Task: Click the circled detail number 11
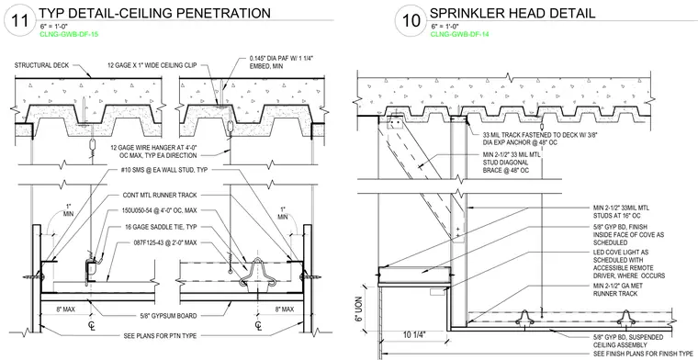pos(19,21)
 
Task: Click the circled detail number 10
pos(411,21)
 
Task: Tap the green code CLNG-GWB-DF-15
pos(69,34)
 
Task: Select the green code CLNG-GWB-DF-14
pos(459,34)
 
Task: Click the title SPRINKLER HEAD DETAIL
pos(512,14)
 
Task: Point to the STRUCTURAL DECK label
pos(42,65)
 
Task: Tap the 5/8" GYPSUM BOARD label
pos(169,316)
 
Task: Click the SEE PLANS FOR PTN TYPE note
pos(160,335)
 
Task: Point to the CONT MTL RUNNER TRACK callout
pos(160,195)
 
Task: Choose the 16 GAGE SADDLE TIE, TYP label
pos(162,227)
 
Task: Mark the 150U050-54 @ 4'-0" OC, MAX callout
pos(160,210)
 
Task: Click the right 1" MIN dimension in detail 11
pos(283,213)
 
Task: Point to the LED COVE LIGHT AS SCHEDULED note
pos(629,264)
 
